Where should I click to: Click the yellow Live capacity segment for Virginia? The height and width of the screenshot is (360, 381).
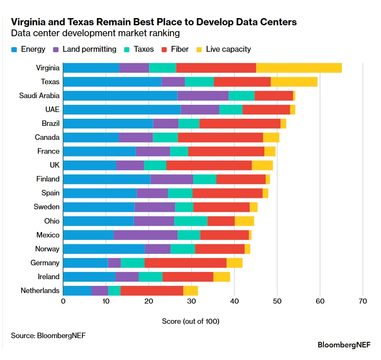point(299,68)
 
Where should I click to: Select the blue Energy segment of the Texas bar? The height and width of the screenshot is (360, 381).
point(112,82)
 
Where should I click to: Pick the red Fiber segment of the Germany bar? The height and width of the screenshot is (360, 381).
point(185,263)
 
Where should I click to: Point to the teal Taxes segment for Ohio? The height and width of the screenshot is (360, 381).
point(191,221)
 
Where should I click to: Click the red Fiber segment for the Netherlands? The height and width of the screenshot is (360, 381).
point(152,291)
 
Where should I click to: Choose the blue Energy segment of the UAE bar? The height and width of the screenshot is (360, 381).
point(122,109)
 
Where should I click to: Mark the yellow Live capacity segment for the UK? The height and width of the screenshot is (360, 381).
point(262,165)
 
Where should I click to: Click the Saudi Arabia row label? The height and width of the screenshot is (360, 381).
point(39,96)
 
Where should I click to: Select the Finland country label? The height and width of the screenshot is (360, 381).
point(48,179)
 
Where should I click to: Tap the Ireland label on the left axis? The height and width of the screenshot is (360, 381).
point(49,277)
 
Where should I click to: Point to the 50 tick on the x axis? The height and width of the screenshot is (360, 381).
point(277,301)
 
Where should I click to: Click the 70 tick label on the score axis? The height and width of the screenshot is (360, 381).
point(362,301)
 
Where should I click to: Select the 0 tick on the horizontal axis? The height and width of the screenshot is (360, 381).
point(63,301)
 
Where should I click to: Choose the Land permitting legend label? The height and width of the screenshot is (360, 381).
point(89,49)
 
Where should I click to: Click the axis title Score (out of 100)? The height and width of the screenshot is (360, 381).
point(191,321)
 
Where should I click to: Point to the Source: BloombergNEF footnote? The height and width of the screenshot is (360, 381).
point(45,336)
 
